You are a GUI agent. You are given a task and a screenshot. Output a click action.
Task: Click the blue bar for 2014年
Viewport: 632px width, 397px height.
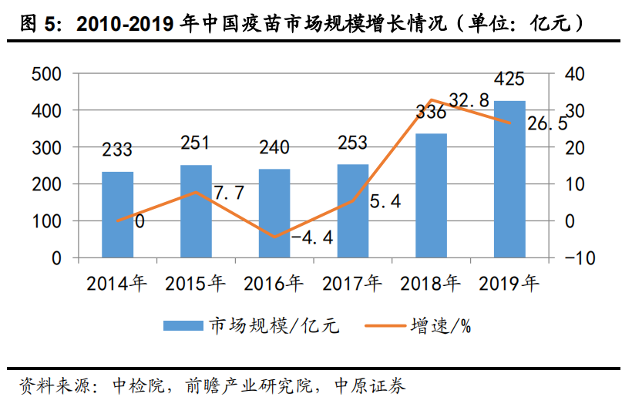tap(117, 214)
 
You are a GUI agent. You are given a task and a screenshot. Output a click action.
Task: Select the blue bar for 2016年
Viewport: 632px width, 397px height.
tap(274, 213)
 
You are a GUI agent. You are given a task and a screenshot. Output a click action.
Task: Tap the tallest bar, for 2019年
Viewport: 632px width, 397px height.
tap(509, 179)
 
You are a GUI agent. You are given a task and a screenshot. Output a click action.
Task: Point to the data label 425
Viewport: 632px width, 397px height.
tap(509, 79)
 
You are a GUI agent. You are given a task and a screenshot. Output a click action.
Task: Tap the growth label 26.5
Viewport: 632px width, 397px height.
tap(547, 124)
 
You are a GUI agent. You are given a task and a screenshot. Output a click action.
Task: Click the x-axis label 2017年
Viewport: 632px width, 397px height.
tap(352, 284)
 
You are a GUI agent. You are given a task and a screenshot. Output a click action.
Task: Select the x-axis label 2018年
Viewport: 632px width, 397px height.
tap(431, 284)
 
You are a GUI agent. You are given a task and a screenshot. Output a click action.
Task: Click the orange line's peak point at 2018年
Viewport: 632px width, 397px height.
tap(432, 100)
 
